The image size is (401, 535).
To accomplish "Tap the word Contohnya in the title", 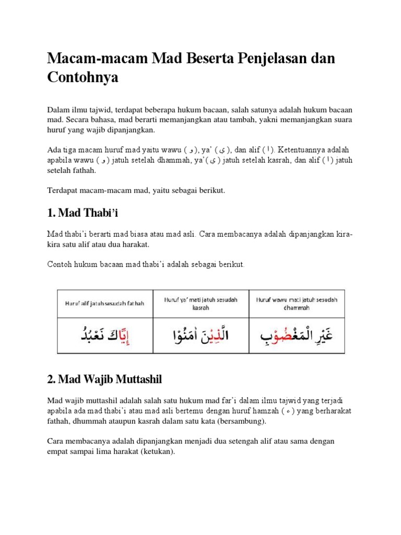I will point(83,77).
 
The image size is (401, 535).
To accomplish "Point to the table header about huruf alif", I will point(104,303).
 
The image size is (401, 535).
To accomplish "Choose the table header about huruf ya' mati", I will point(200,304).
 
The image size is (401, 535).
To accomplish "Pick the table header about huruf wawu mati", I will point(297,304).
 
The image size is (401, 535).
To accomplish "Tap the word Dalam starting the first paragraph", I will point(58,110).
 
